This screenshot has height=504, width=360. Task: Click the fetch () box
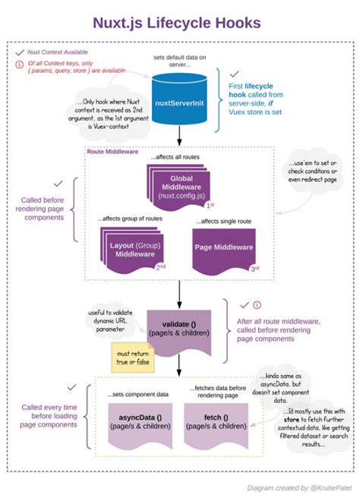click(216, 422)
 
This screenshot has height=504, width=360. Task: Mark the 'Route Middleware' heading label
click(113, 150)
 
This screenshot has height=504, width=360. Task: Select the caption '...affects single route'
click(226, 221)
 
